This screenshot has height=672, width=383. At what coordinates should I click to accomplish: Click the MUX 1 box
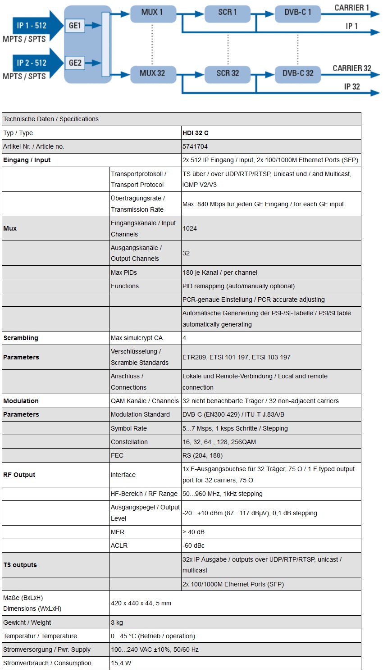(152, 13)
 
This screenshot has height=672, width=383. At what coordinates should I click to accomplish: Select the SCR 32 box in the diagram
(227, 73)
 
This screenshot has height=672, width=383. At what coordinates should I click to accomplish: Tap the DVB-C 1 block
(297, 13)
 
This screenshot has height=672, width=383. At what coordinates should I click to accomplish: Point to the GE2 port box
(75, 63)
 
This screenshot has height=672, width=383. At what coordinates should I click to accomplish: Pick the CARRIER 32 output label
(351, 68)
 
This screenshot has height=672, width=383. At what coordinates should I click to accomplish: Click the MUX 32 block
(152, 73)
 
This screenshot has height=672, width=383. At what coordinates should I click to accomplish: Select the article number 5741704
(195, 146)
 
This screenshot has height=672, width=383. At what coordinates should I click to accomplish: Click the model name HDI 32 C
(196, 133)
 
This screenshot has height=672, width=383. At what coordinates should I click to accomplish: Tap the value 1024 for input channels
(190, 228)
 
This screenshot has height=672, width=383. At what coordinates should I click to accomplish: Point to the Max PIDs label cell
(124, 272)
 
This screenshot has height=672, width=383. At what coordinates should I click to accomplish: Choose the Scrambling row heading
(21, 338)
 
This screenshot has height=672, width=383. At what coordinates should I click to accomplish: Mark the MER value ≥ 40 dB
(193, 532)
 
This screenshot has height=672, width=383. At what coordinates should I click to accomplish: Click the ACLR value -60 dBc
(193, 545)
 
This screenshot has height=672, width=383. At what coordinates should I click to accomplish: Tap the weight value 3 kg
(117, 622)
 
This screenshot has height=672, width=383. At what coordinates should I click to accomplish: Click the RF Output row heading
(19, 475)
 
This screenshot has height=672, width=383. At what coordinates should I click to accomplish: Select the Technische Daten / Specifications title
(51, 119)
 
